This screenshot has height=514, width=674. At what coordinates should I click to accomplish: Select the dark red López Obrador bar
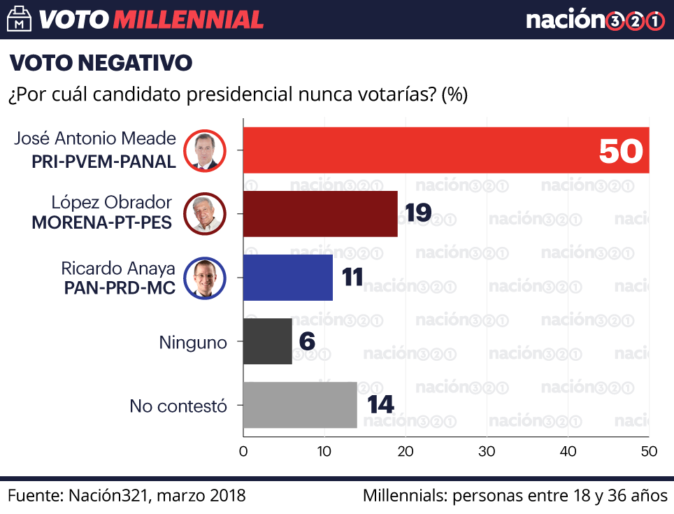pos(320,213)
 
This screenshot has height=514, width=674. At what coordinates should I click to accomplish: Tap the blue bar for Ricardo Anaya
pos(288,277)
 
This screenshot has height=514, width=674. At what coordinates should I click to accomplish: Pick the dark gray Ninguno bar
pos(267,341)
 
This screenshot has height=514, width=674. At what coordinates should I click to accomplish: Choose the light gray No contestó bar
pos(300,405)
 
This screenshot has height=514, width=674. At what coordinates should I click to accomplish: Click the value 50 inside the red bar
pos(621,150)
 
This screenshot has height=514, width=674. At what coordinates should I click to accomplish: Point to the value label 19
pos(417,213)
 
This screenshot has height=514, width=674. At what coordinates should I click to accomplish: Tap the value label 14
pos(380,405)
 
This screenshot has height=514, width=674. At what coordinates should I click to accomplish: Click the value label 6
pos(306,341)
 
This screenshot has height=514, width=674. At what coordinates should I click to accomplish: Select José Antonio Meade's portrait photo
pos(206,150)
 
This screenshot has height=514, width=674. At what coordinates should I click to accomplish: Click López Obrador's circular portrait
pos(206,214)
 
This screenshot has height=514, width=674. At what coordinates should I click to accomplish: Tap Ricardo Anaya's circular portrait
pos(206,278)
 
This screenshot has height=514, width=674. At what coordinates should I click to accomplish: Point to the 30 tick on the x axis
pos(487,452)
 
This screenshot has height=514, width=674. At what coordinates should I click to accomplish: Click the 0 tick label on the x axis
pos(243,452)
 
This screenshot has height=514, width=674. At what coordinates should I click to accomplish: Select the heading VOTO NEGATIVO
pos(101,63)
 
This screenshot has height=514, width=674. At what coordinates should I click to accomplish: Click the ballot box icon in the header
pos(19,19)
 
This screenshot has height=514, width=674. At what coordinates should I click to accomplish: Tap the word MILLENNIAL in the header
pos(188,20)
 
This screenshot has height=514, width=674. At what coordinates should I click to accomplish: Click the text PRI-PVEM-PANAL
pos(103,162)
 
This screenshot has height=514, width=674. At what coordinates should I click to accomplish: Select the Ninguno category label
pos(193,343)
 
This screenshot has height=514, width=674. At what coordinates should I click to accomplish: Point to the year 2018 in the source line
pos(227,496)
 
